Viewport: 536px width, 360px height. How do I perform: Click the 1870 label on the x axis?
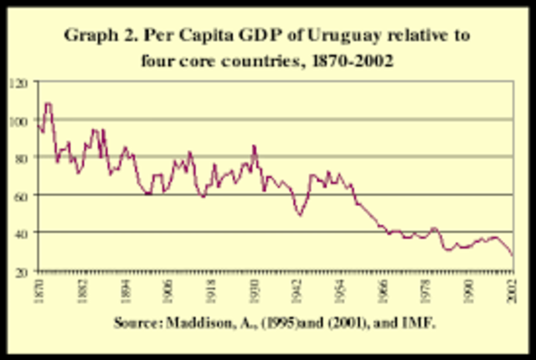click(39, 287)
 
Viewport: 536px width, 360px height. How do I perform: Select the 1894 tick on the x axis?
click(125, 287)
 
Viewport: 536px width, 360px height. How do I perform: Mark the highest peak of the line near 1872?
click(48, 104)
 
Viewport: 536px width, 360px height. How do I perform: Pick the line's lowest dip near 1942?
click(299, 215)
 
